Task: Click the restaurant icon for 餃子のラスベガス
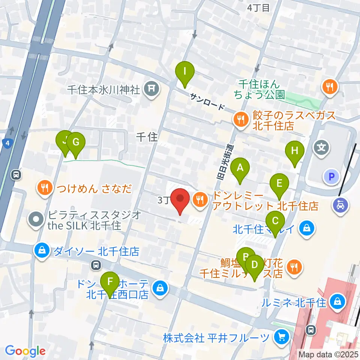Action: [x=240, y=120]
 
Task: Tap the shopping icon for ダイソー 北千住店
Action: [x=42, y=250]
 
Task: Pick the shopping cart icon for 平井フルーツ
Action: [x=280, y=337]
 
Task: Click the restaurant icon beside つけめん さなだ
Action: [x=45, y=187]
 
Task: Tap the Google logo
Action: [x=25, y=351]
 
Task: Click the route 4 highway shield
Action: [x=6, y=143]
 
